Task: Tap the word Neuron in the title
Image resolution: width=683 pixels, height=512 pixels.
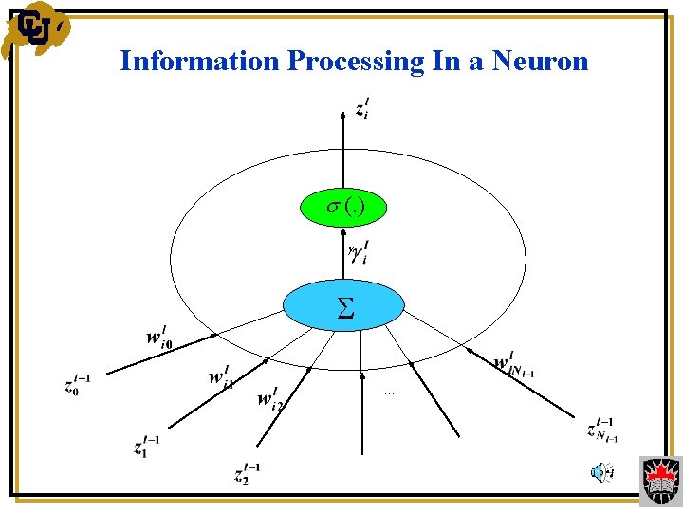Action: (540, 62)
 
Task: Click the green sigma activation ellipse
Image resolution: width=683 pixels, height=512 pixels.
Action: (345, 208)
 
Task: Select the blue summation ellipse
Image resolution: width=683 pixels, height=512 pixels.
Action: (345, 303)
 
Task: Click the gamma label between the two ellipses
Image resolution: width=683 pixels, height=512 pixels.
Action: (359, 253)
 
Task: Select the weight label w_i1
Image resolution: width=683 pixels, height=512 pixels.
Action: (221, 377)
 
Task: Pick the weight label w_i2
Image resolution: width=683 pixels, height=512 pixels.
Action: (269, 397)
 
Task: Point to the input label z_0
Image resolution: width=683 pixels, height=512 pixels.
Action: (77, 384)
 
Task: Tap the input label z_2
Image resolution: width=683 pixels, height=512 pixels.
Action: (248, 473)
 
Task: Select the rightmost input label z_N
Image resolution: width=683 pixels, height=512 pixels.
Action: (602, 430)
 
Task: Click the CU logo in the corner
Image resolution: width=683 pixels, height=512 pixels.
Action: (36, 30)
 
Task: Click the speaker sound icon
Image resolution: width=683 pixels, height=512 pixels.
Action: (600, 471)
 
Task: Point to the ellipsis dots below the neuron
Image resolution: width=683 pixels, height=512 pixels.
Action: (392, 391)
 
